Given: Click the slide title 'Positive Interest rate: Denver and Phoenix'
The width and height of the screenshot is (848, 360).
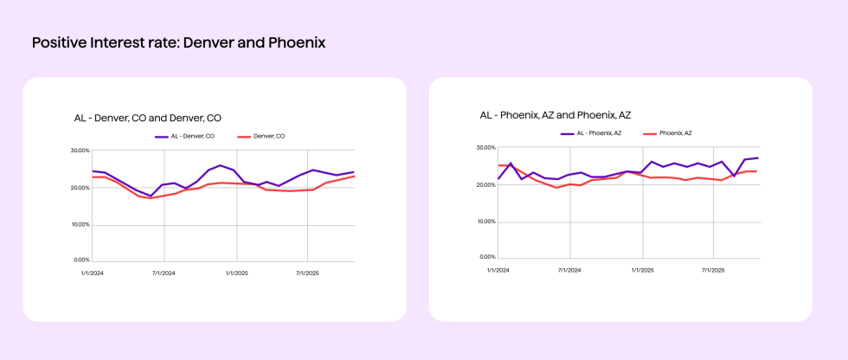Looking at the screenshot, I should click(178, 42).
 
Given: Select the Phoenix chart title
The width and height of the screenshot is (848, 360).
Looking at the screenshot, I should click(556, 115).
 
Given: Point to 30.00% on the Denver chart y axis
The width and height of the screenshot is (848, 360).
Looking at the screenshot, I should click(80, 151).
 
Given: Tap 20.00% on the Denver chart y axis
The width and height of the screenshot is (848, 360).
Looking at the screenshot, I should click(80, 188).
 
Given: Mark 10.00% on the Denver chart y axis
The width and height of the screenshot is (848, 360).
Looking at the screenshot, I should click(80, 224).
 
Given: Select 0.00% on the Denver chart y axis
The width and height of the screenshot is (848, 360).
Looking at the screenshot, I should click(82, 260).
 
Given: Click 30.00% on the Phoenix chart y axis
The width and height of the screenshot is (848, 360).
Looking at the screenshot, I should click(485, 148).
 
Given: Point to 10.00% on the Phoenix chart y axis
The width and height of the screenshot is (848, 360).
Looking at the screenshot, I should click(485, 222).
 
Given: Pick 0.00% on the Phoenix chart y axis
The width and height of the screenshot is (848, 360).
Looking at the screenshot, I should click(487, 257).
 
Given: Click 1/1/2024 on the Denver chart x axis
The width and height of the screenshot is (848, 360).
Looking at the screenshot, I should click(92, 273).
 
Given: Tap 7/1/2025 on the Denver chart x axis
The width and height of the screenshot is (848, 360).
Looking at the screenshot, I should click(308, 273).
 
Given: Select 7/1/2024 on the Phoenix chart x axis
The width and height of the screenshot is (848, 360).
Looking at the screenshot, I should click(570, 270).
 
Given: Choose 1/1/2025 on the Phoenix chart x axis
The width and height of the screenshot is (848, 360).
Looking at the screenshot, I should click(642, 270).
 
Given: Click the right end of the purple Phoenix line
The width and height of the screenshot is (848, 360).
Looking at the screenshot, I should click(758, 157).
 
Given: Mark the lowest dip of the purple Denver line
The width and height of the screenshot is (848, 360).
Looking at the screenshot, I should click(151, 196).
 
